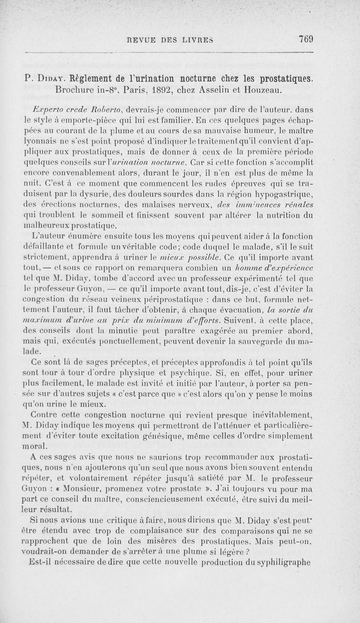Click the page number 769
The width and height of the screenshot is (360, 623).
(x=305, y=39)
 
